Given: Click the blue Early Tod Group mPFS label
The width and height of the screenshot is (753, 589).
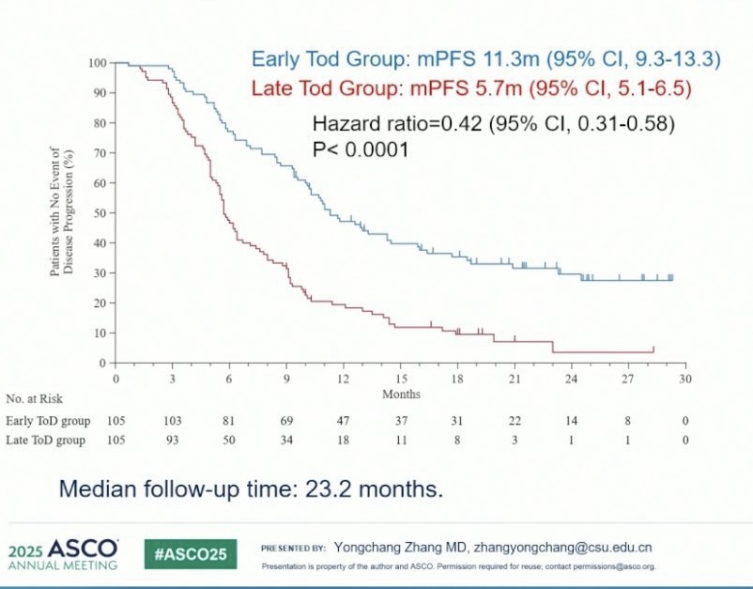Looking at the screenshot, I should coord(485,60).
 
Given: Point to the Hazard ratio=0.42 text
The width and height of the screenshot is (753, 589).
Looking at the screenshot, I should coord(494,124).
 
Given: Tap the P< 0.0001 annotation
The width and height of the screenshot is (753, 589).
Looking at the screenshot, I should coord(360,148).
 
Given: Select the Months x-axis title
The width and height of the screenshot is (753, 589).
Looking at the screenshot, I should coord(401,394).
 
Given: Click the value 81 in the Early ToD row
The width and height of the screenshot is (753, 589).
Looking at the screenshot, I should coord(229,420).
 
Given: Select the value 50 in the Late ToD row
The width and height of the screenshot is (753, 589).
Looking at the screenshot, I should coord(229,440).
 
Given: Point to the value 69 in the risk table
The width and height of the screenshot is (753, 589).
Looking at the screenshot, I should coord(286,420).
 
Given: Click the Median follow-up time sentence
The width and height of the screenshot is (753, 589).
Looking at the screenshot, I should coord(251,489).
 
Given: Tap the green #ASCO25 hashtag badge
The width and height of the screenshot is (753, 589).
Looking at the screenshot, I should coord(190,554).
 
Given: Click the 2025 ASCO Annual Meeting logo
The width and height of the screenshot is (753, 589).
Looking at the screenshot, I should coord(63,554).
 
